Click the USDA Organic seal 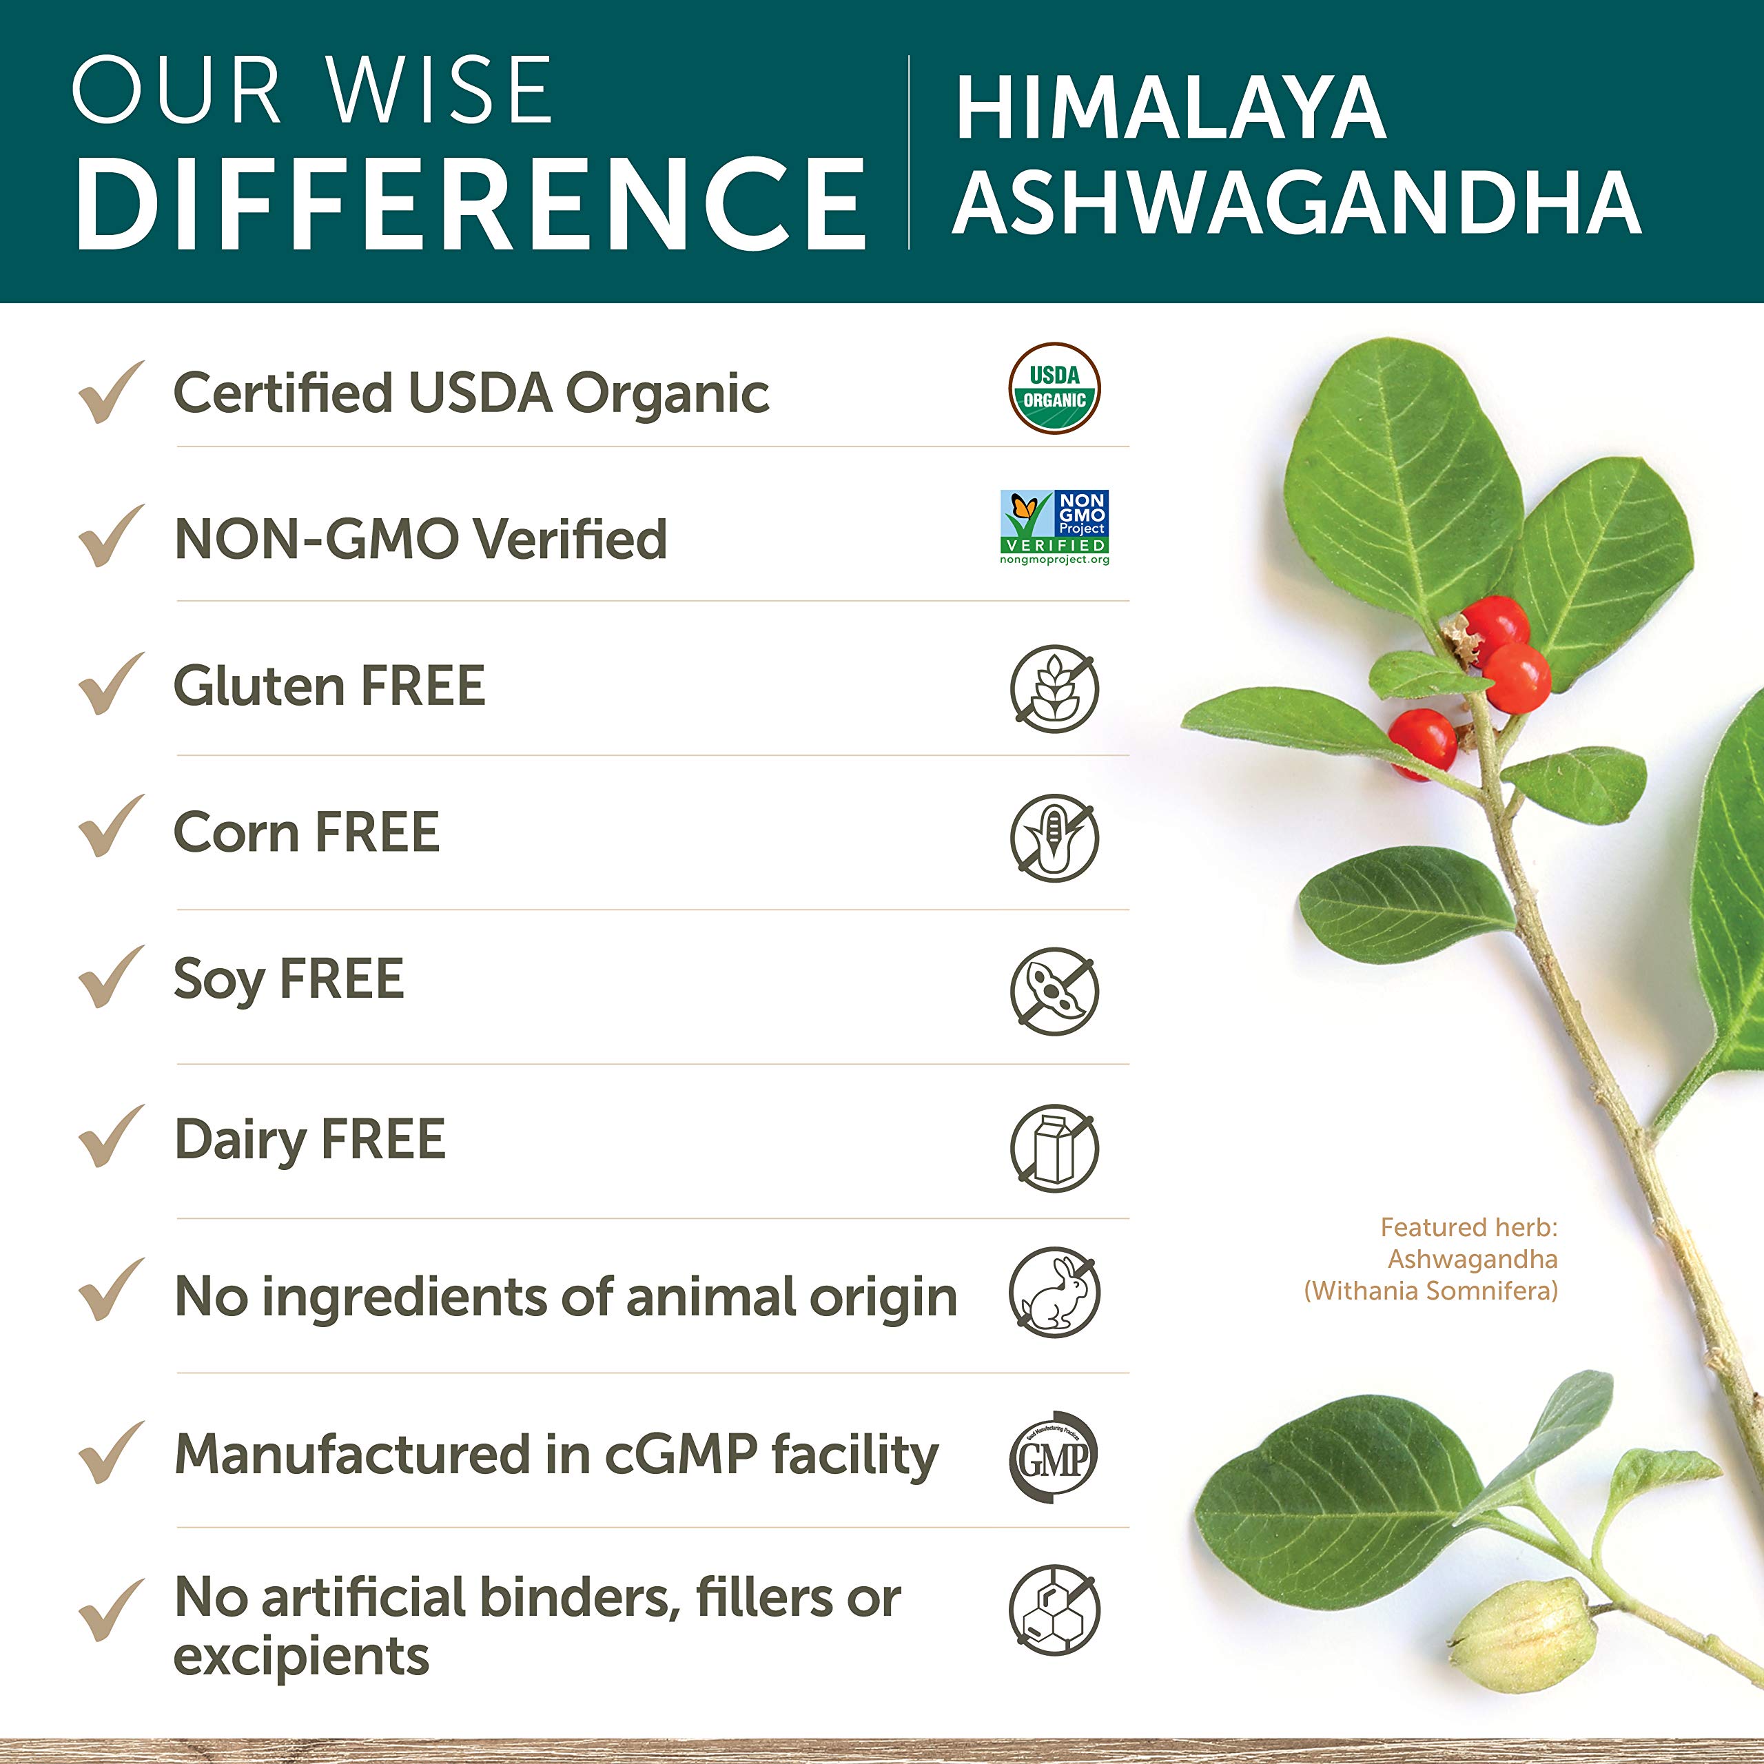1054,389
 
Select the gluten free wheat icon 1054,688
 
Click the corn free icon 1054,837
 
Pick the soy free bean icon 1054,991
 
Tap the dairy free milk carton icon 1054,1148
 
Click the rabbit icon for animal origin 1054,1293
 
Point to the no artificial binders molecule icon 1054,1610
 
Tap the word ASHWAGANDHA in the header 1297,203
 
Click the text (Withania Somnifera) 1430,1291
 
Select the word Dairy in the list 240,1141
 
